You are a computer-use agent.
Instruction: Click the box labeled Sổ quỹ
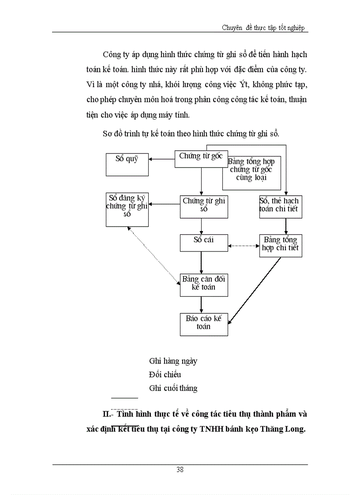(x=127, y=164)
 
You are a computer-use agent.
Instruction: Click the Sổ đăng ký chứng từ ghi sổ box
(x=127, y=210)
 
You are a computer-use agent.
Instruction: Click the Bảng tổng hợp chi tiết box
(x=281, y=246)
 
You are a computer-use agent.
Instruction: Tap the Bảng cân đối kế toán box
(x=204, y=285)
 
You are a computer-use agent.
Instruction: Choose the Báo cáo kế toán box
(x=204, y=324)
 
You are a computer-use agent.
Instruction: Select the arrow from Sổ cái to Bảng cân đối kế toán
(x=202, y=263)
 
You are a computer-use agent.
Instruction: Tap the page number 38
(x=180, y=469)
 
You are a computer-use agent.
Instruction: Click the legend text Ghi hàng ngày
(x=173, y=361)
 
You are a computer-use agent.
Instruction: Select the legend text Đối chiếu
(x=165, y=375)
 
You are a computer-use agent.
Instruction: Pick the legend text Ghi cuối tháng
(x=173, y=388)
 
